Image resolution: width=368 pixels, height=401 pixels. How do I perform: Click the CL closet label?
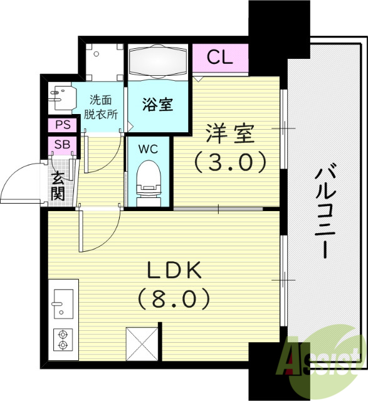coord(220,58)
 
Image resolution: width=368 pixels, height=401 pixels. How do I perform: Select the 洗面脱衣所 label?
coord(102,106)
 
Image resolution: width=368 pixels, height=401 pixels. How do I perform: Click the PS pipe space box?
coord(62,125)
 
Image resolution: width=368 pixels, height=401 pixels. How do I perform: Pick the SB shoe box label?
coord(62,145)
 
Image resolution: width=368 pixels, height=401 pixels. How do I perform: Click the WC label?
coord(149,150)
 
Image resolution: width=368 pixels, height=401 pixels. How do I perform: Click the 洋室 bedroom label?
coord(231,134)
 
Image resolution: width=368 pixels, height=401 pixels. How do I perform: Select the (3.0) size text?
coord(231,162)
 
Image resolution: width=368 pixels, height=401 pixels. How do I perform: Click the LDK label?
coord(174,271)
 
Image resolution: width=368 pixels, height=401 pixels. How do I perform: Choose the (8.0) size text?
coord(174,298)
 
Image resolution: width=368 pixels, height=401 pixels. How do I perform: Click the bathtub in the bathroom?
coord(159,63)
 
